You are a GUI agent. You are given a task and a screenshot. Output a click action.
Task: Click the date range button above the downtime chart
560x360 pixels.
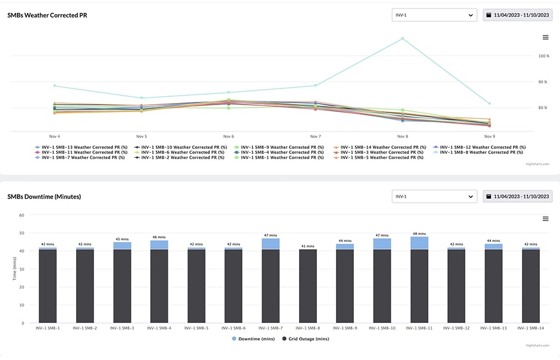click(x=517, y=197)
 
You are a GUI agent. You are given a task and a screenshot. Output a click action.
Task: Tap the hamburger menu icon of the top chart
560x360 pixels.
click(x=545, y=38)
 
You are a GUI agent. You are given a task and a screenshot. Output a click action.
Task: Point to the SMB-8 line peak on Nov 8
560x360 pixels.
click(x=402, y=39)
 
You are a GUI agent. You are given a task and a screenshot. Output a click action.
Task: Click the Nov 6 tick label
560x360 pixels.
click(x=228, y=136)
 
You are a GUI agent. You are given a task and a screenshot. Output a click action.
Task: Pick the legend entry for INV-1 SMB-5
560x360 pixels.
click(x=382, y=157)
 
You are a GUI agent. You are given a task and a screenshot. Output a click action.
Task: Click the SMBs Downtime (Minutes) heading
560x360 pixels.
click(x=44, y=197)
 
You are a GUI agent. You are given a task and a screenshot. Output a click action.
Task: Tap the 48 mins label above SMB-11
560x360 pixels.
click(x=419, y=233)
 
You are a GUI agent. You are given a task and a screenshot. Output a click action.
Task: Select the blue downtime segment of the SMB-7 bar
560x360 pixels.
click(x=271, y=244)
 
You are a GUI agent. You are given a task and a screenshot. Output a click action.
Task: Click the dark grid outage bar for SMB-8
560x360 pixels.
click(x=308, y=286)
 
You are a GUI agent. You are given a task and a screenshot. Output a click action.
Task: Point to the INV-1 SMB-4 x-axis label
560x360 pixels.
click(x=160, y=328)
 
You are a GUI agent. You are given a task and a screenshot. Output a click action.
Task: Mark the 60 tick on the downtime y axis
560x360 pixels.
click(x=22, y=215)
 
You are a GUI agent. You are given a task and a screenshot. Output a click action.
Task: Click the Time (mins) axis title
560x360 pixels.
click(x=15, y=269)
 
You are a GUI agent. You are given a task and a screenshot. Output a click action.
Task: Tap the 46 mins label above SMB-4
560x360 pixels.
click(x=160, y=237)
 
